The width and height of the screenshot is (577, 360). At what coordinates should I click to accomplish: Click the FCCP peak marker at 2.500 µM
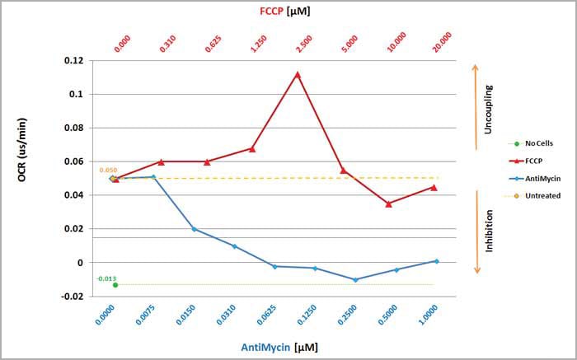pyautogui.click(x=297, y=75)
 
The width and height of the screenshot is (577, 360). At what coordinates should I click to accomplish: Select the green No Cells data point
pyautogui.click(x=115, y=285)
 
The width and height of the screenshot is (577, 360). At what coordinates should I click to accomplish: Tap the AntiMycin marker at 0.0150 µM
pyautogui.click(x=195, y=229)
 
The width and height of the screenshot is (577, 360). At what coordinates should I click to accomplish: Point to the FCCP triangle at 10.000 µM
pyautogui.click(x=389, y=203)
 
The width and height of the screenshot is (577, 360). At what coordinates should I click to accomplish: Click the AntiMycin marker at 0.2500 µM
pyautogui.click(x=355, y=280)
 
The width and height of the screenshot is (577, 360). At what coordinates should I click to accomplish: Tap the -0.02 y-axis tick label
pyautogui.click(x=72, y=297)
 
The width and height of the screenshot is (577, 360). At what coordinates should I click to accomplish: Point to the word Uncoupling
pyautogui.click(x=488, y=110)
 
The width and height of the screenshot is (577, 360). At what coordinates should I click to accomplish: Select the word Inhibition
pyautogui.click(x=488, y=231)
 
